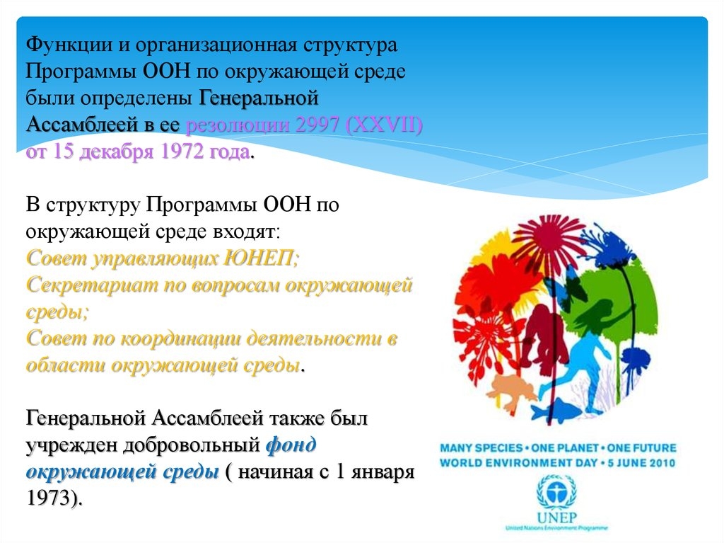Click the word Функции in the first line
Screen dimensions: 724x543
click(69, 45)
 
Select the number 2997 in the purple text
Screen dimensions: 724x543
click(316, 125)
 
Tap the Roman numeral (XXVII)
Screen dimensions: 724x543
click(384, 125)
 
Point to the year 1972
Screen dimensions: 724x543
click(180, 152)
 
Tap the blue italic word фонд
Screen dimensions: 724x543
click(291, 445)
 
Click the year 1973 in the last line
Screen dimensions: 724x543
click(49, 498)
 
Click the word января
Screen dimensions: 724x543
click(383, 473)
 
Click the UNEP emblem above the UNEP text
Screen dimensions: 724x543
click(556, 492)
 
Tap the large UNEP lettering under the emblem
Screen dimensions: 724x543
click(556, 517)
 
